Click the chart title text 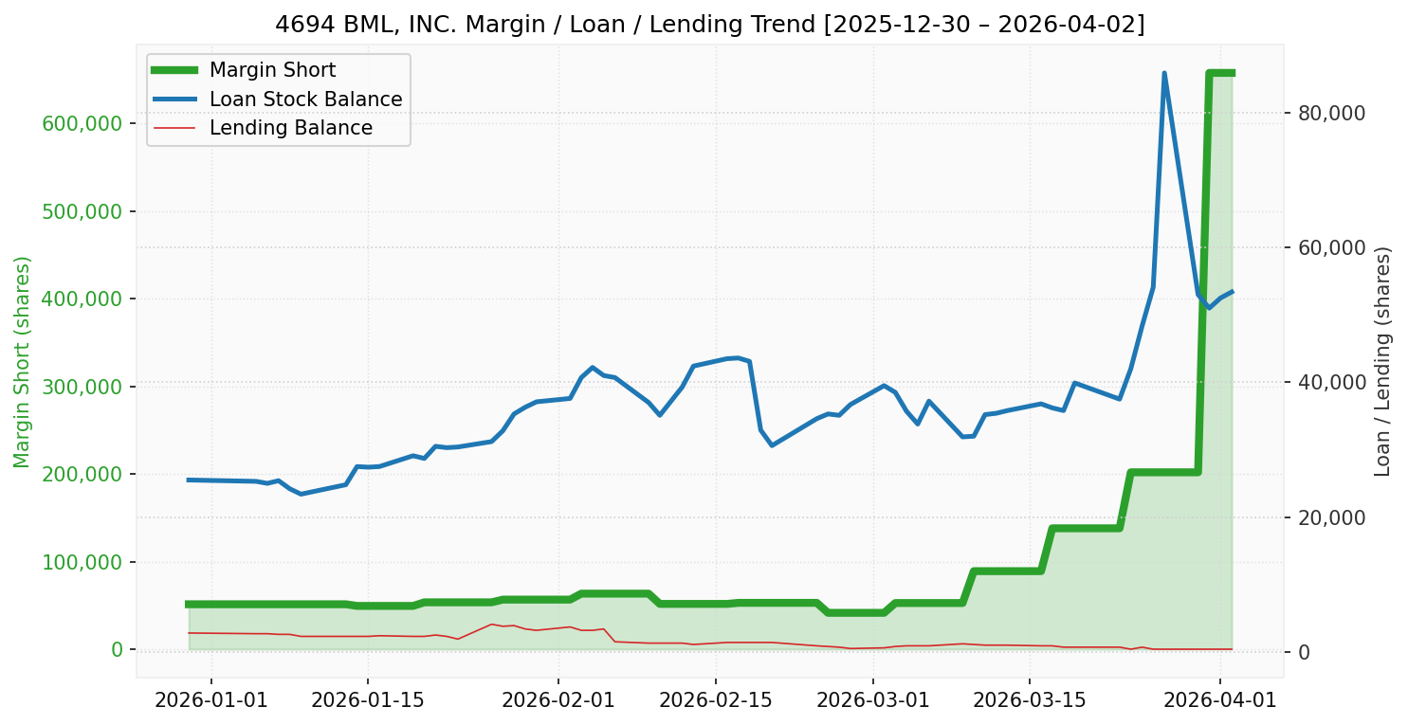coord(709,24)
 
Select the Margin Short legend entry coord(272,70)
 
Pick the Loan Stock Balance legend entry coord(305,100)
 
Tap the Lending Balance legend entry coord(290,128)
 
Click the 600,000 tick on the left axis coord(82,123)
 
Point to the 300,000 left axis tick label coord(82,387)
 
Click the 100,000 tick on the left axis coord(82,562)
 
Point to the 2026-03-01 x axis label coord(872,702)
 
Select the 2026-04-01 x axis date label coord(1219,702)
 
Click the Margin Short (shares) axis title coord(22,361)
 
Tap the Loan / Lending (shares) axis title coord(1383,361)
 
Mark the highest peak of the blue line coord(1163,74)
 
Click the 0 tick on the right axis coord(1307,652)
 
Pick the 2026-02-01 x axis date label coord(558,702)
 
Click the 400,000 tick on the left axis coord(82,299)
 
